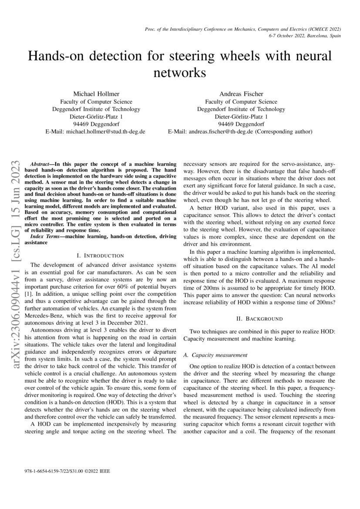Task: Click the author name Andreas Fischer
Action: click(x=241, y=94)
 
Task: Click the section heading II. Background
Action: click(x=259, y=319)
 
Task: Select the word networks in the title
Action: click(x=179, y=72)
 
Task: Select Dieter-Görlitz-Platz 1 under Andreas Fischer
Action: click(x=241, y=117)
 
